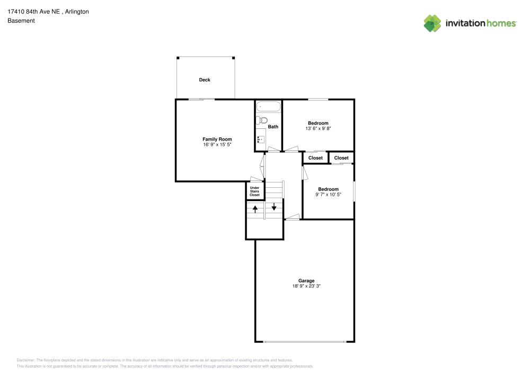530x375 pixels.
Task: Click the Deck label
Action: point(205,80)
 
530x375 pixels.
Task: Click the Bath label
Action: point(273,127)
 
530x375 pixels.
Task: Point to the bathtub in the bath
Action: point(268,107)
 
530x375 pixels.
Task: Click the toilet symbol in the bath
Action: point(263,120)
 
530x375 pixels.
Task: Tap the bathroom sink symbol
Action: point(261,139)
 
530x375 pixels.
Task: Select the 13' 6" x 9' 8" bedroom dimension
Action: point(318,129)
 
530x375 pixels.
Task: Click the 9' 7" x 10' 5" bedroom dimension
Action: point(328,195)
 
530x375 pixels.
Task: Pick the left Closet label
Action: point(315,158)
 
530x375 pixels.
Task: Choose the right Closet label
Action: point(341,158)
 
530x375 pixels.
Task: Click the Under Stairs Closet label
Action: point(254,191)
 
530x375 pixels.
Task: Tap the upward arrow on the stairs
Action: point(255,208)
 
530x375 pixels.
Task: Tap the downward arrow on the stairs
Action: point(274,206)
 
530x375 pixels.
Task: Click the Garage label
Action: point(306,281)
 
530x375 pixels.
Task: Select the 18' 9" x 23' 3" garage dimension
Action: point(306,286)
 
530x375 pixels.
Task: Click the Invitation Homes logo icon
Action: point(432,23)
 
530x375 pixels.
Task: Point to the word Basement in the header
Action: point(21,21)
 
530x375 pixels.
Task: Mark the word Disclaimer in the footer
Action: point(25,360)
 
